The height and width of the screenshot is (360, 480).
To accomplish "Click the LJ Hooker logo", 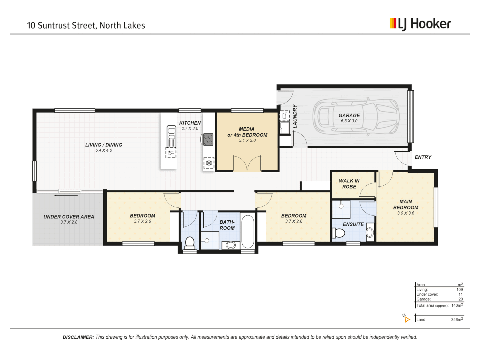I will click(x=420, y=24).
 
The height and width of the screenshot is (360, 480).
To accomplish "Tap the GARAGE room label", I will click(x=349, y=115).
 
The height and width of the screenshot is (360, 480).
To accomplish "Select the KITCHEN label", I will click(x=190, y=123).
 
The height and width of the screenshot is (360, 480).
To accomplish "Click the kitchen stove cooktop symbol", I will click(x=208, y=139).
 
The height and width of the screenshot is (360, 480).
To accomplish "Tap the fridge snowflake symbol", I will click(x=209, y=163).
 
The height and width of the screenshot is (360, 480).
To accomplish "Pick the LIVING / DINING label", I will click(x=104, y=145).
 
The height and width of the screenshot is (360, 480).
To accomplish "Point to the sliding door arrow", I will click(x=66, y=195).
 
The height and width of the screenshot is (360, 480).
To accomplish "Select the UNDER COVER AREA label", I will click(x=69, y=217).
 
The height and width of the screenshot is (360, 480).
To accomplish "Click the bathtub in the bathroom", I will click(x=248, y=232).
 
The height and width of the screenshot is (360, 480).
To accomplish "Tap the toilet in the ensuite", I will click(x=339, y=232).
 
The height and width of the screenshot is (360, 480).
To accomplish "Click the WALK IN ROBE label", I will click(x=349, y=184).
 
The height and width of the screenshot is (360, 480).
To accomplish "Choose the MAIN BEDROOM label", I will click(x=406, y=204).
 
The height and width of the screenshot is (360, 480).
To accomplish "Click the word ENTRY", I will click(x=423, y=157).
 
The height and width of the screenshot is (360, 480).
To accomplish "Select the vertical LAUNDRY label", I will click(x=295, y=116).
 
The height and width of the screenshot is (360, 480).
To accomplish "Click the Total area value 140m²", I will click(x=457, y=305).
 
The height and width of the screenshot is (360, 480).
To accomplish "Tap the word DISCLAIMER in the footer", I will click(x=78, y=337).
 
